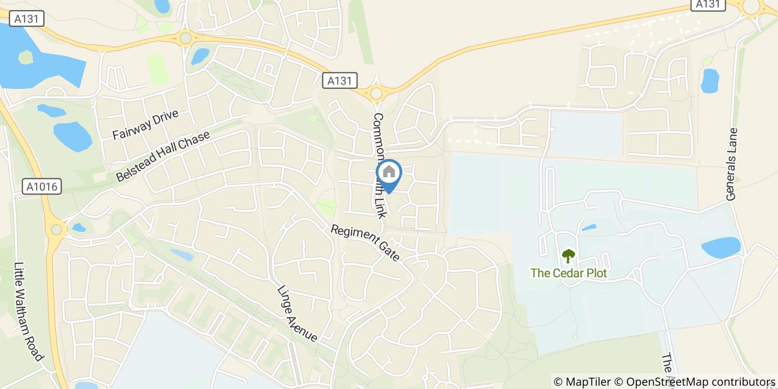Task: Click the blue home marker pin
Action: point(389,173)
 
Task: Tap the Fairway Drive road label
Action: point(145,125)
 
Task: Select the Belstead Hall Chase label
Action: point(163,156)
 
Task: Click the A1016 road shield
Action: point(42,187)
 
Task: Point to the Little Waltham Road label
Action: point(28,311)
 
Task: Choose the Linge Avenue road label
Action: point(297,314)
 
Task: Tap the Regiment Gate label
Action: point(365,243)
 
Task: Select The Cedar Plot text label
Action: point(568,273)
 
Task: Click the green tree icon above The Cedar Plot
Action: point(568,256)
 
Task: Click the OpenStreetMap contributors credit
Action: point(700,382)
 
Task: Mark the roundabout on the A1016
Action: point(56,228)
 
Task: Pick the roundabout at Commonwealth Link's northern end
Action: point(377,93)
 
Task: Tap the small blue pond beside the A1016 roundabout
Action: point(78,227)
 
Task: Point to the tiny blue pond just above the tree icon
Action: point(589,227)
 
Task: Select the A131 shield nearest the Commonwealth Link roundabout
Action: point(340,81)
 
